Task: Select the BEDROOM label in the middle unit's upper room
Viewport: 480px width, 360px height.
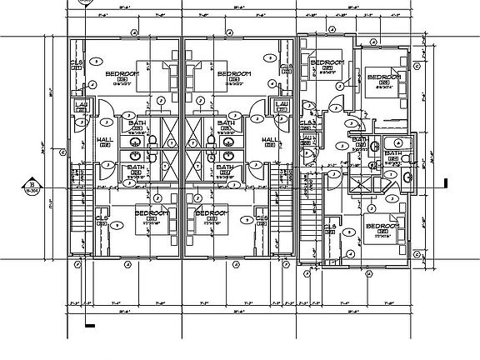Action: point(234,74)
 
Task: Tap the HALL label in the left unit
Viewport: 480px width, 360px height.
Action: point(106,140)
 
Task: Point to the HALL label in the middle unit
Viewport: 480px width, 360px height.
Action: point(270,140)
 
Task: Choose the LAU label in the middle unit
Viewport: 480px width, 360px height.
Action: point(283,104)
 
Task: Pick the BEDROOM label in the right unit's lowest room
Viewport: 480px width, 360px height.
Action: point(381,227)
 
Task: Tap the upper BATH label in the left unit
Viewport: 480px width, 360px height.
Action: point(135,123)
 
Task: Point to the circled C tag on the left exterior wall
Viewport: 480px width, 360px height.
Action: point(63,152)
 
